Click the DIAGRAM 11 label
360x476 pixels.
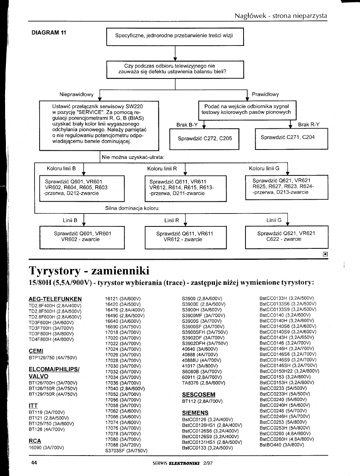coord(49,33)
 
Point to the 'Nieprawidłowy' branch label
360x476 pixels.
coord(76,95)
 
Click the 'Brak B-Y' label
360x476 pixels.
coord(187,125)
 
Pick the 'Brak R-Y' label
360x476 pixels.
coord(309,124)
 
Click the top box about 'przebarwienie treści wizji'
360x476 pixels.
coord(175,36)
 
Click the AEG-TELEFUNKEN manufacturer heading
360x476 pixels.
coord(55,299)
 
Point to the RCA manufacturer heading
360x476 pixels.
coord(35,441)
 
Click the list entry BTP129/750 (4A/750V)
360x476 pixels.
coord(53,357)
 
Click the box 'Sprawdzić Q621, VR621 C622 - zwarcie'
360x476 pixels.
coord(286,237)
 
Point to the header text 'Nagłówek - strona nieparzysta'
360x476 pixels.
coord(281,16)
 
